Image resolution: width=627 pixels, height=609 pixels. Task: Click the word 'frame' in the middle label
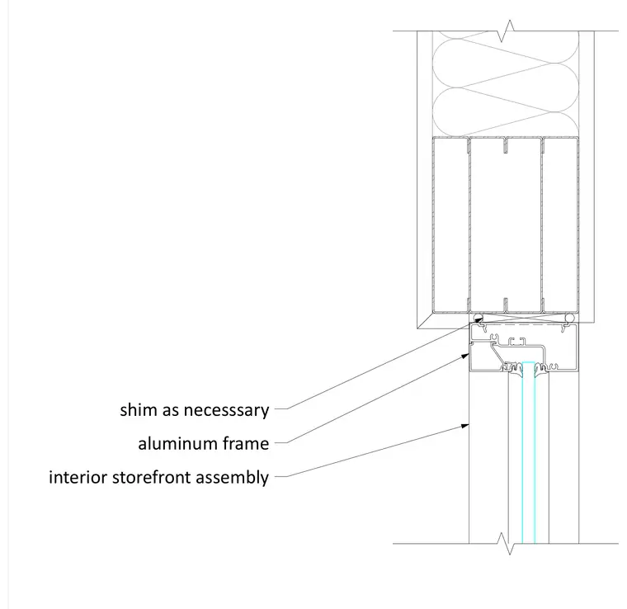246,443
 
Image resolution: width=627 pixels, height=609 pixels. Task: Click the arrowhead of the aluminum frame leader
464,356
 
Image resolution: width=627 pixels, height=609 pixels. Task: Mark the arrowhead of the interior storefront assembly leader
464,426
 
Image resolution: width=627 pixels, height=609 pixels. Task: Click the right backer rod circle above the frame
569,318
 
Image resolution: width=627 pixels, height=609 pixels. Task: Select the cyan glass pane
529,453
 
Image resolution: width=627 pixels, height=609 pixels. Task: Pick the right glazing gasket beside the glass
541,370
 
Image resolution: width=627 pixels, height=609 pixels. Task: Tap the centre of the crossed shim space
524,318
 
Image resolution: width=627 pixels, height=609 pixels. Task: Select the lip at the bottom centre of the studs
506,304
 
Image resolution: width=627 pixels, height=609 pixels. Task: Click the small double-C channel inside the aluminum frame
516,341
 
